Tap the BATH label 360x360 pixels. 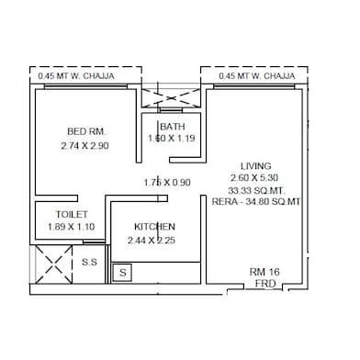tap(172, 127)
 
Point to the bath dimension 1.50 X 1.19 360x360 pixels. tap(172, 139)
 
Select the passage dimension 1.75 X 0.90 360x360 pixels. tap(167, 182)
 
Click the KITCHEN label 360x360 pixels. tap(154, 227)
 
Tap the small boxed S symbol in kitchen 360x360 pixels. tap(122, 273)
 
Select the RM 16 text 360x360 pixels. tap(265, 273)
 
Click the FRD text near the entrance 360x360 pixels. tap(265, 285)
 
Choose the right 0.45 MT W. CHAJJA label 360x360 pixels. tap(257, 76)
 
